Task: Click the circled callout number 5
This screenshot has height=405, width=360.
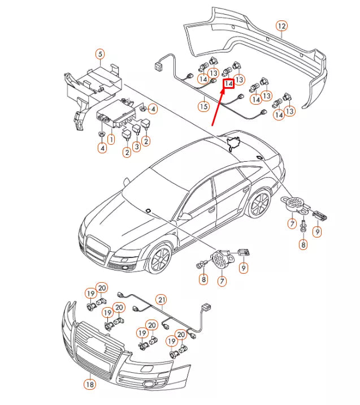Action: click(x=100, y=54)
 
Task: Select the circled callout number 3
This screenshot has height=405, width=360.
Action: click(x=136, y=146)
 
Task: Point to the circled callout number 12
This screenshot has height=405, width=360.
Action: click(x=281, y=25)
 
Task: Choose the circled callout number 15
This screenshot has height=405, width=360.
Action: click(x=203, y=106)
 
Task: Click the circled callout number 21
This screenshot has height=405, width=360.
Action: click(x=162, y=299)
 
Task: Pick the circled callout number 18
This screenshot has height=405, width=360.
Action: click(x=89, y=385)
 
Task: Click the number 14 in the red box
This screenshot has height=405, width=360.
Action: click(x=228, y=84)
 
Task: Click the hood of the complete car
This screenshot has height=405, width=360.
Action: click(x=113, y=212)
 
